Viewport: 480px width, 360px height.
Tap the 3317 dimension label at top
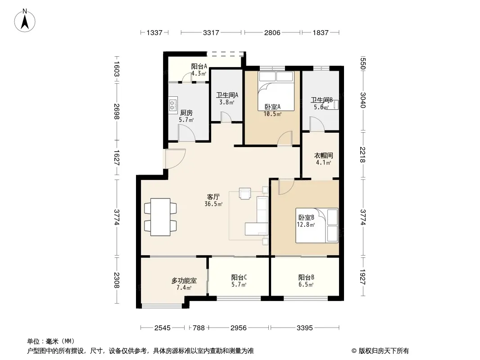coord(211,32)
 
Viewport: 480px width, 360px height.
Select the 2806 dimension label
coord(272,32)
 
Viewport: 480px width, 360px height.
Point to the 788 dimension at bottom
coord(199,328)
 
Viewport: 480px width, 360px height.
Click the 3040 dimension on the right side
coord(363,100)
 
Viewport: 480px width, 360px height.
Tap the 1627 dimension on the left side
coord(116,158)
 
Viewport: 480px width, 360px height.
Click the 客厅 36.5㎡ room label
coord(213,200)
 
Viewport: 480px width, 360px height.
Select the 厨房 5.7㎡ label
coord(186,116)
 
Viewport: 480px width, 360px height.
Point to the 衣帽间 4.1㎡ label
coord(324,159)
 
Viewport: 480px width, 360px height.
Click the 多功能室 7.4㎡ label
coord(184,284)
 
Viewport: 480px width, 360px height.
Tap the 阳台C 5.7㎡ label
coord(239,281)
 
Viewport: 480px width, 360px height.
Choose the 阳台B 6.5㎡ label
coord(306,281)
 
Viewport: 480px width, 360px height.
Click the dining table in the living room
coord(160,217)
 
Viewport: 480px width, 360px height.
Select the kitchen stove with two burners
coord(173,103)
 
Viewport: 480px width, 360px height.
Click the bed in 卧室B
coord(317,225)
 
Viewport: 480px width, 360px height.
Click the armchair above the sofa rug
coord(245,193)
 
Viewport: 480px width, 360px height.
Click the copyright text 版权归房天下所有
coord(384,351)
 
